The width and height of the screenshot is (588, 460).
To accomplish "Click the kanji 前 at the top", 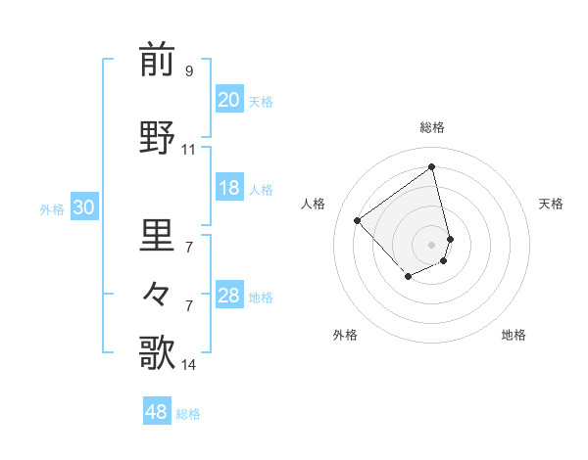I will tap(158, 60).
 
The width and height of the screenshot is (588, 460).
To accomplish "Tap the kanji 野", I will tap(158, 137).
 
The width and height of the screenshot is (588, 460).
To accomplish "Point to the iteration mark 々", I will tap(158, 293).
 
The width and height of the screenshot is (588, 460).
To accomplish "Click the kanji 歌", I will tap(158, 352).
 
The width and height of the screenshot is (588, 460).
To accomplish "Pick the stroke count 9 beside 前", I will tap(188, 71).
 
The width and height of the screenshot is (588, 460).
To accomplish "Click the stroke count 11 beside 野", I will tap(188, 150).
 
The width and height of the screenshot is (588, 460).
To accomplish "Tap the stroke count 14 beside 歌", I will tap(188, 365).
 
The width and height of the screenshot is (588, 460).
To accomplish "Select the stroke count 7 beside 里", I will tap(188, 248).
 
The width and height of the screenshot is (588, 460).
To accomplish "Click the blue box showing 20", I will tap(228, 100).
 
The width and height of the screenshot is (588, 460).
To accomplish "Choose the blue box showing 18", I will tap(228, 189).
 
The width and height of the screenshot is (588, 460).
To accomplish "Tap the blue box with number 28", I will tap(228, 297).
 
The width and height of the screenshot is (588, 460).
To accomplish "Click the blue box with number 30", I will tap(83, 207).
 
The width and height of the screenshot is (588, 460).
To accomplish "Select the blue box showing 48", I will tap(157, 412).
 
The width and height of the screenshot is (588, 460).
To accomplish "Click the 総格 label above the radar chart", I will tap(431, 127).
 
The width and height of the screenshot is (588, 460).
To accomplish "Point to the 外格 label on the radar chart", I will tap(345, 335).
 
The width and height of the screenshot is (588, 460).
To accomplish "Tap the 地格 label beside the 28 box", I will tap(261, 298).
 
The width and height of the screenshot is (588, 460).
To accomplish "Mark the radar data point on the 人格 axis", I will tap(358, 220).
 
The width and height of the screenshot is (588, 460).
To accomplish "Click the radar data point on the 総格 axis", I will tap(431, 166).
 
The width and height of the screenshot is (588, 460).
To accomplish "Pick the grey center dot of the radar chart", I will tap(431, 244).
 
